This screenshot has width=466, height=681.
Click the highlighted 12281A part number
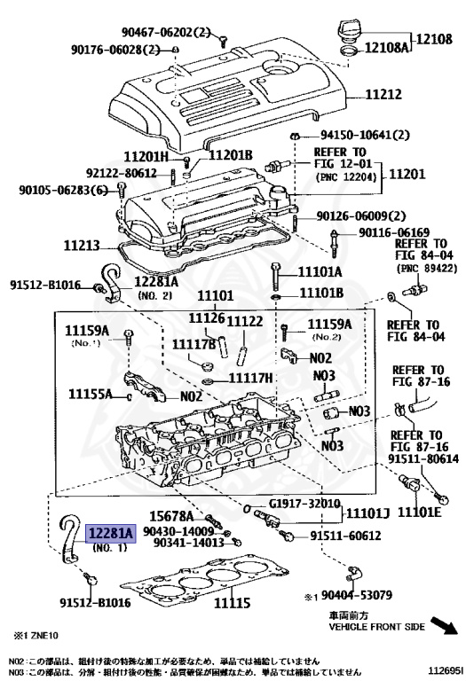(x=111, y=533)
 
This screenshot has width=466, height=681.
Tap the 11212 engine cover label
(x=383, y=94)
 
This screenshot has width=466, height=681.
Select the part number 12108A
(x=386, y=47)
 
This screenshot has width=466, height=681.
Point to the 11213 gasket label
(x=82, y=246)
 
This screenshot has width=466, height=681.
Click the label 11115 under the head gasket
(x=233, y=603)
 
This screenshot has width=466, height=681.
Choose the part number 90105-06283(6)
(x=64, y=191)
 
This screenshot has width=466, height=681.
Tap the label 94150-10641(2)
(x=365, y=135)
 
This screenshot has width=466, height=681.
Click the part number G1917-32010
(x=304, y=504)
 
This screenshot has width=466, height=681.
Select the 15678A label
(x=171, y=516)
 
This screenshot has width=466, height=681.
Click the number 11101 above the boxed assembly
(x=215, y=296)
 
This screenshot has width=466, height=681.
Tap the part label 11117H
(x=251, y=378)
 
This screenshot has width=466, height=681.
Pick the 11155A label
(x=90, y=394)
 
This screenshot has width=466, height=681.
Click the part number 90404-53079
(x=357, y=595)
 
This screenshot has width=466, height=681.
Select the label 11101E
(x=420, y=513)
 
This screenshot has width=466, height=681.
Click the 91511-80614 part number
(x=423, y=458)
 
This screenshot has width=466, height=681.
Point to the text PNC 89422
(x=426, y=269)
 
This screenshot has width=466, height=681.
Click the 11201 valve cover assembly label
(x=407, y=174)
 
